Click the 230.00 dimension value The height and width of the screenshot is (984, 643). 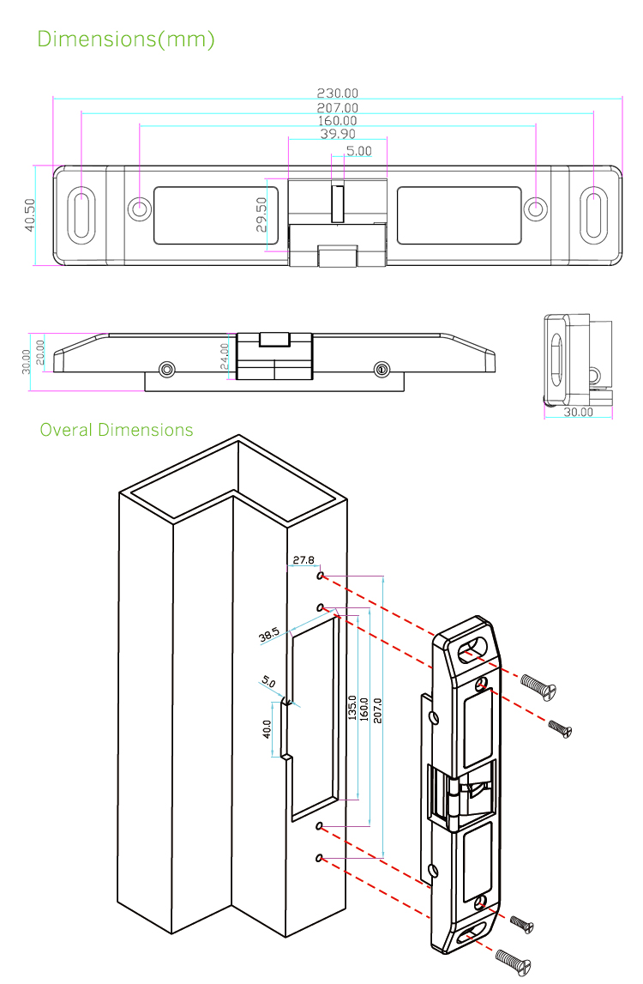[x=338, y=94]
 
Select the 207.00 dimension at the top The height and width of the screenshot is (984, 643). [x=338, y=108]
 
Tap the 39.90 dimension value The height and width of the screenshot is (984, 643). [x=338, y=135]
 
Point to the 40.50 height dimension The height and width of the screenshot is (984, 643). [x=30, y=215]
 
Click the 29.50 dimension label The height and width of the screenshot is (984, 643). [x=261, y=214]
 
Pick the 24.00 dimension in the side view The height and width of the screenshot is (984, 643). [x=225, y=356]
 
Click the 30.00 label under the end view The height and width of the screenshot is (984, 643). [x=579, y=412]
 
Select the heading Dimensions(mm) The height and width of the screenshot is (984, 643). [x=126, y=39]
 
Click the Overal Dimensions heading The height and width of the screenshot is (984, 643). [x=117, y=430]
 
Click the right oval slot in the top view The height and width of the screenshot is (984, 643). [x=593, y=214]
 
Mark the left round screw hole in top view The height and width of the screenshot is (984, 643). [x=139, y=208]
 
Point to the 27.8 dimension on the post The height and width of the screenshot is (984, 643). [x=303, y=560]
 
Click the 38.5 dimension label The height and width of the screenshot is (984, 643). [x=269, y=636]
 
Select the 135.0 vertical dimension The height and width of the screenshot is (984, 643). [x=352, y=704]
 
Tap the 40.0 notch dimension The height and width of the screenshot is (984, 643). [x=267, y=729]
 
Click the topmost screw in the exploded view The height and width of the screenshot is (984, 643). [x=538, y=685]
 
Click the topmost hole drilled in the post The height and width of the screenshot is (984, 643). [x=320, y=577]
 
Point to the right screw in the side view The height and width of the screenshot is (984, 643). [x=382, y=370]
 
